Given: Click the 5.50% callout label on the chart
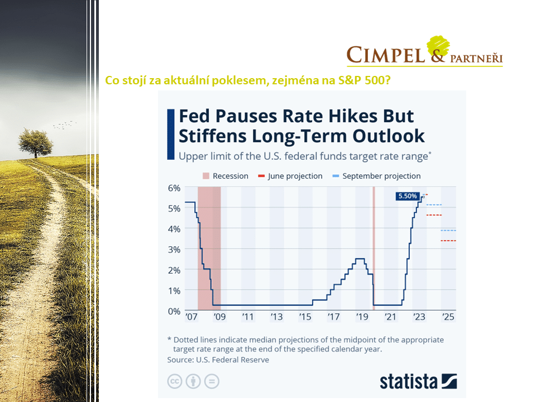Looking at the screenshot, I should tap(407, 196).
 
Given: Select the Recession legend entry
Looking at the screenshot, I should tap(224, 176).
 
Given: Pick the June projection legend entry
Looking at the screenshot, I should tap(290, 176).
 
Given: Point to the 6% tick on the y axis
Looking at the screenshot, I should tap(174, 188).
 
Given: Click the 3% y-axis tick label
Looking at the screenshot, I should tap(174, 249).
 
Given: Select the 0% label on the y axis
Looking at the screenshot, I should tap(174, 311).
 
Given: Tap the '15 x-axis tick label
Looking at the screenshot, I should tap(305, 317).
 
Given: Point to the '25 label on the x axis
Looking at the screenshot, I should tap(448, 317).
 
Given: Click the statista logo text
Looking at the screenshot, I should tap(409, 381).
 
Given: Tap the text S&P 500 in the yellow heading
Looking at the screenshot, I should tap(361, 80).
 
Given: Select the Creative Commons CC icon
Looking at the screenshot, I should tap(175, 381).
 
